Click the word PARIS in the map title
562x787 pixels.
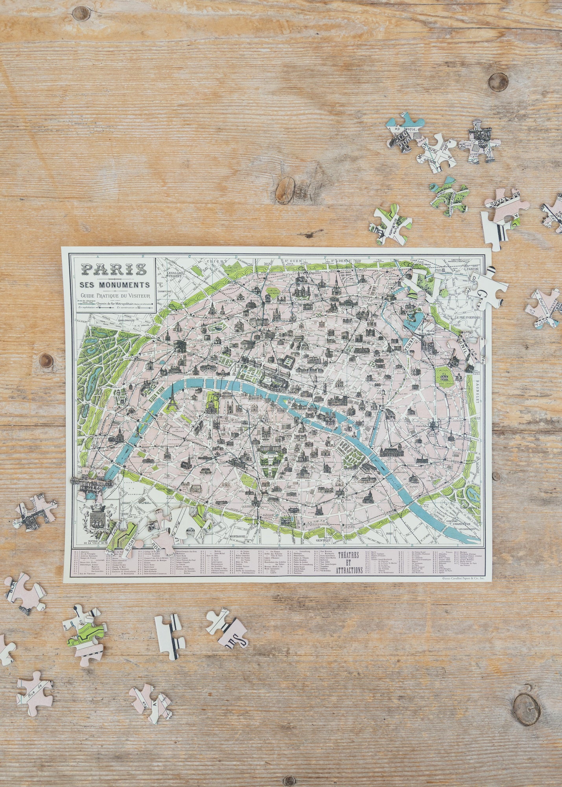click(x=114, y=269)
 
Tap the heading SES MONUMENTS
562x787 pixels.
click(x=114, y=285)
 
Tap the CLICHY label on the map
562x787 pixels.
click(x=217, y=261)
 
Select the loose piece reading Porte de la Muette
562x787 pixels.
click(x=389, y=225)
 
